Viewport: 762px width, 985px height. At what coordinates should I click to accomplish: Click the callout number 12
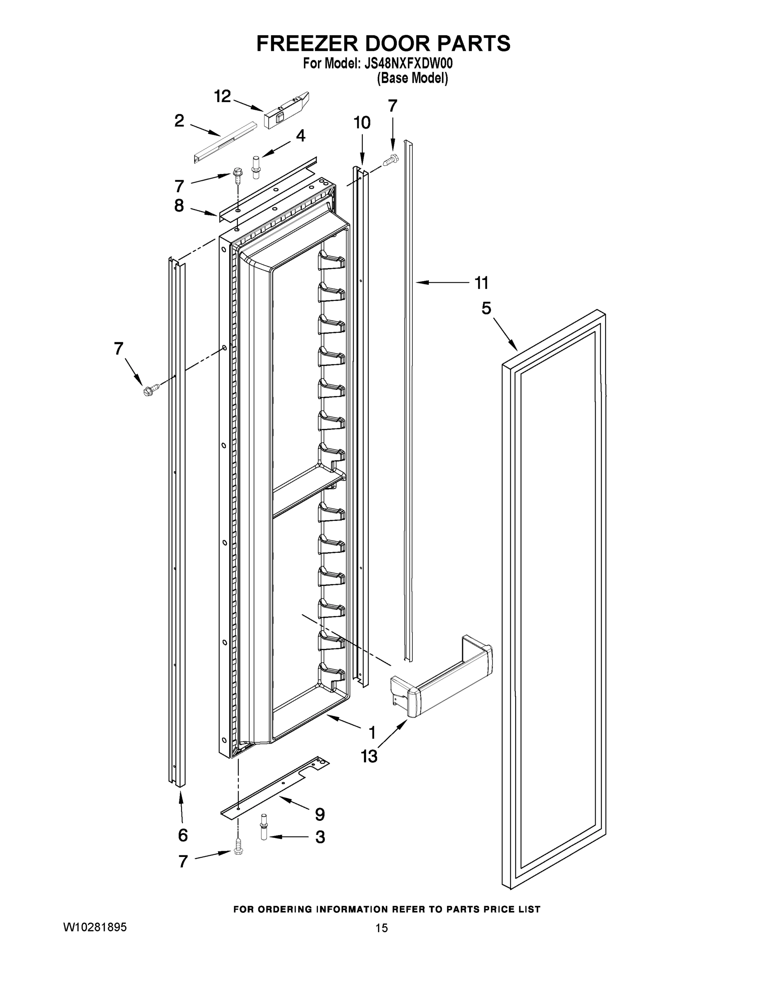pos(222,96)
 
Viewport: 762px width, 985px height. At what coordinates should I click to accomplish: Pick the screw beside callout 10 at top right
pos(391,160)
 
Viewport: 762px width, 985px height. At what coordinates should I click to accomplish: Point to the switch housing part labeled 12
pos(286,111)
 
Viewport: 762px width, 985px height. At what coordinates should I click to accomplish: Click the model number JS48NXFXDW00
pos(408,64)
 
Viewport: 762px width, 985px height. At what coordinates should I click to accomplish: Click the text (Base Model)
pos(412,78)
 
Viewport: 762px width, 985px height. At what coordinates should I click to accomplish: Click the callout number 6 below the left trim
pos(182,835)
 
